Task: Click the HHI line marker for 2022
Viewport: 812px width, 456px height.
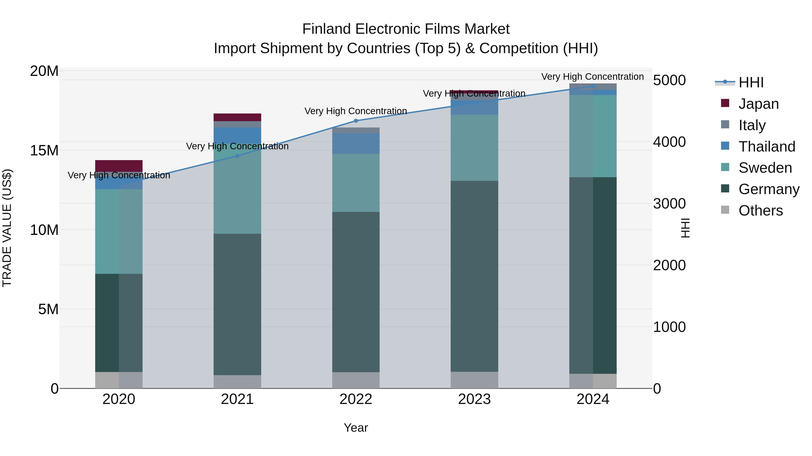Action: (356, 121)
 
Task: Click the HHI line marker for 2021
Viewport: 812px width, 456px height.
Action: (237, 156)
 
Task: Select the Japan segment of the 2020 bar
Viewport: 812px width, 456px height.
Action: (119, 166)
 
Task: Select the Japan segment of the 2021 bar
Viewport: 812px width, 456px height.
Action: (237, 117)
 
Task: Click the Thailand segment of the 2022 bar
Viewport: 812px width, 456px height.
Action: (356, 143)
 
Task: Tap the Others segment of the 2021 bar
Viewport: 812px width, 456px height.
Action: (237, 381)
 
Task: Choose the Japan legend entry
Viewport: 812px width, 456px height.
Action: (758, 104)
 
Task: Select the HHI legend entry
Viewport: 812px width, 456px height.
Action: (750, 82)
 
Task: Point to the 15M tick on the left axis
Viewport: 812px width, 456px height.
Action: (44, 150)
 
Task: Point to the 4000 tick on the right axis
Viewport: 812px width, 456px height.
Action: (669, 142)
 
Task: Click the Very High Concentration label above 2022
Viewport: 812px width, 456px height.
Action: (356, 111)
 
